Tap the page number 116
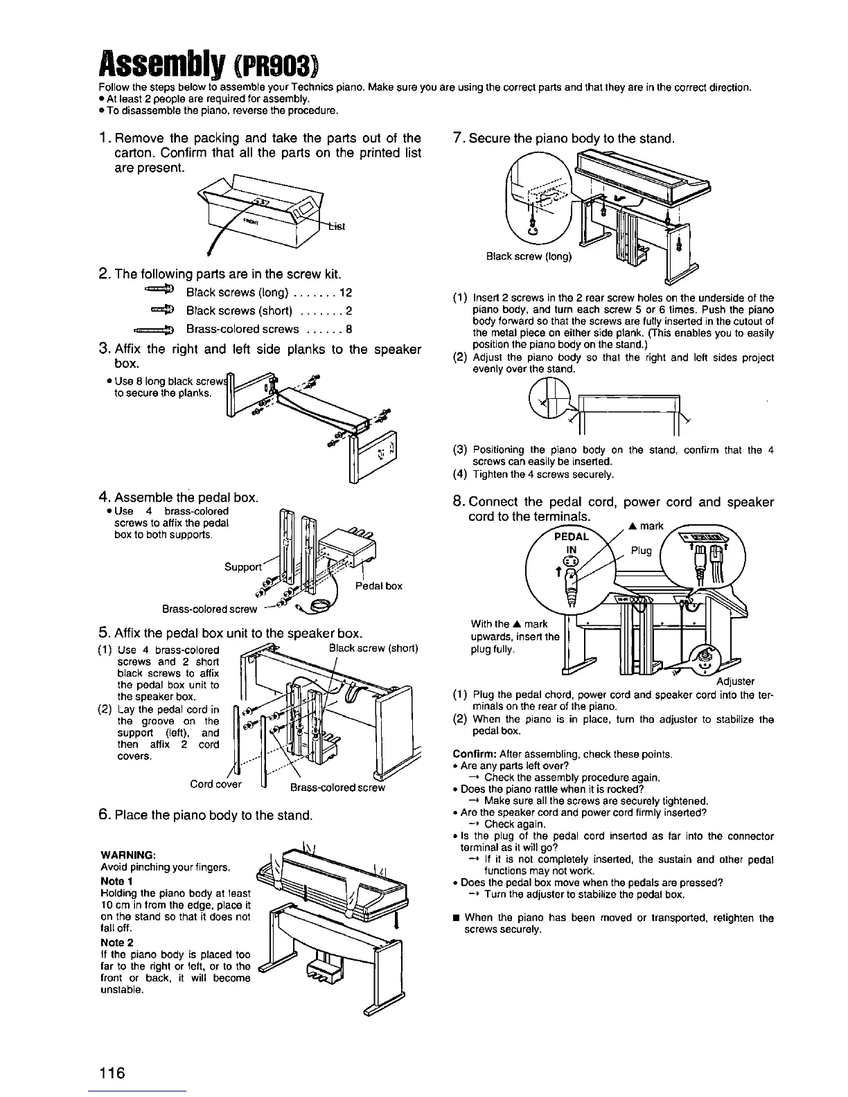tap(111, 1073)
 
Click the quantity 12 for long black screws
tap(346, 293)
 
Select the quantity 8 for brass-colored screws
tap(349, 330)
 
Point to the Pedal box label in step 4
tap(379, 586)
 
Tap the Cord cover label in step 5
tap(216, 785)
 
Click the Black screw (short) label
tap(373, 648)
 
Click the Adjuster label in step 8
tap(736, 681)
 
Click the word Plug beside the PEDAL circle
tap(642, 551)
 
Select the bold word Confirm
tap(473, 753)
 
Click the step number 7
tap(457, 138)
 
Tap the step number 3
tap(101, 349)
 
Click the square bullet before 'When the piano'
tap(456, 918)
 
